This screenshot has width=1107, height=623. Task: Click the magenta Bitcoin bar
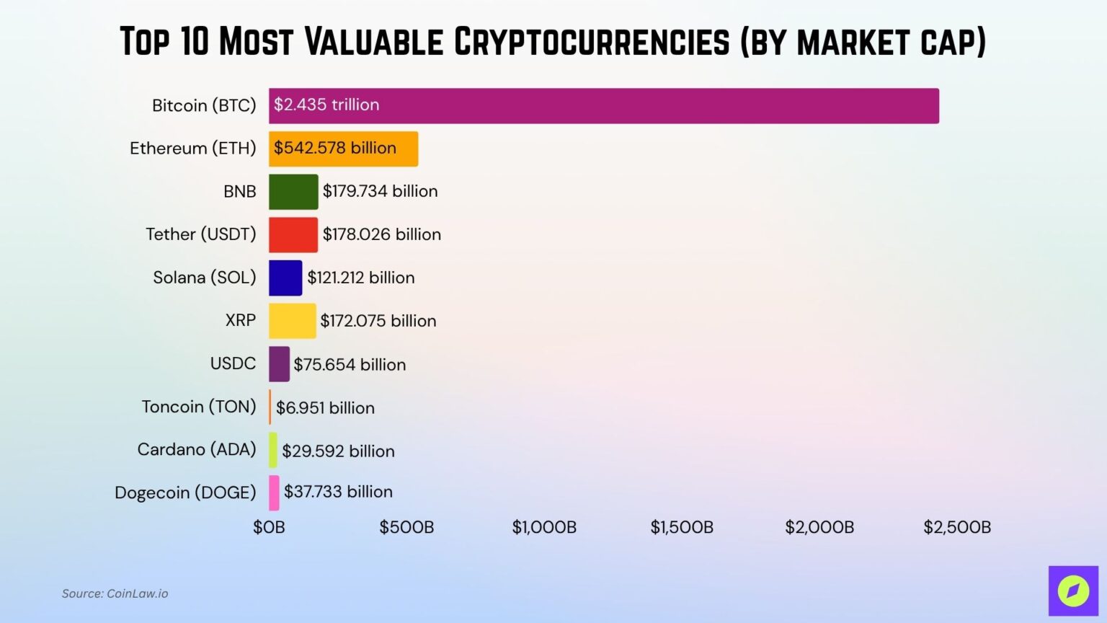[604, 106]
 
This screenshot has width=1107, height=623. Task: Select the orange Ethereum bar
[343, 149]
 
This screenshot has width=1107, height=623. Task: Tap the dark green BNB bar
[293, 192]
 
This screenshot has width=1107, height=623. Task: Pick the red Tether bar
[293, 235]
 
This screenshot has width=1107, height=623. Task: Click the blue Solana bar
[285, 278]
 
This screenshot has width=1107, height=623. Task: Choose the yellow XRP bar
[292, 321]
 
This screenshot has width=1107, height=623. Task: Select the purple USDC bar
[279, 364]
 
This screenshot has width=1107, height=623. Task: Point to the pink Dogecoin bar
[274, 493]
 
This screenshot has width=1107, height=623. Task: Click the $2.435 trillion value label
[326, 105]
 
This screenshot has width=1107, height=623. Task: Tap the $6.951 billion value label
[325, 408]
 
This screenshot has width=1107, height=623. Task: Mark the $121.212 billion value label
[360, 278]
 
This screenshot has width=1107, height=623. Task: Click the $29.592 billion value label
[338, 451]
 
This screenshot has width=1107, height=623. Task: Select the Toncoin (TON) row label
[199, 407]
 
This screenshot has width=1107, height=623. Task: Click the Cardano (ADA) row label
[197, 449]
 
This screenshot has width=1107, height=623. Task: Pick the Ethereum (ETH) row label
[192, 148]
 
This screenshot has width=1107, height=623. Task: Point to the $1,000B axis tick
[544, 527]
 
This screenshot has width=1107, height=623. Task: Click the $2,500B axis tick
[957, 527]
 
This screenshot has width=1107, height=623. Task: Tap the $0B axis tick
[269, 527]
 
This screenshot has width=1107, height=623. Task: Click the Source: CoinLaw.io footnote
[115, 593]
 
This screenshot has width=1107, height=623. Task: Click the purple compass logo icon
[1072, 591]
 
